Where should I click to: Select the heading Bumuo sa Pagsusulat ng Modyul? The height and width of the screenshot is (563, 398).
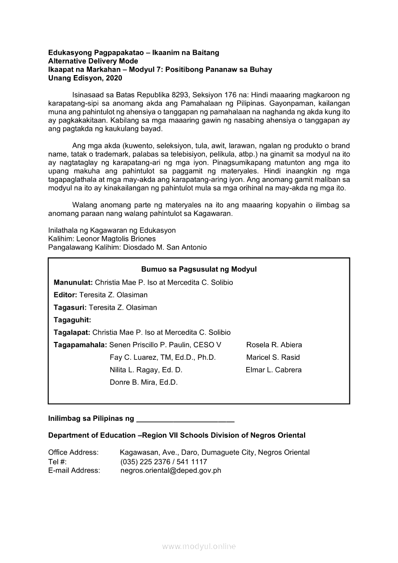[199, 269]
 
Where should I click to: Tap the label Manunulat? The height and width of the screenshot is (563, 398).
[73, 282]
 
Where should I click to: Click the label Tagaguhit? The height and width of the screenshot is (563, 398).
[72, 320]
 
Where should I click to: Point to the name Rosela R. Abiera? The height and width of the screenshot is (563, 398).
[274, 345]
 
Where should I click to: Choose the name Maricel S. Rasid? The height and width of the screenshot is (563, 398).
[273, 357]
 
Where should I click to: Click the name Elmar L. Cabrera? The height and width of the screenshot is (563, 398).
[274, 370]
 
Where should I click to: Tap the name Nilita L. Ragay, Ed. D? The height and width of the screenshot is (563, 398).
[146, 370]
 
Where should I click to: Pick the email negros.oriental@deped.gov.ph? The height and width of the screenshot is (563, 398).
[171, 471]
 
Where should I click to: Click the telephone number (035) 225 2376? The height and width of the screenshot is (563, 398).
[143, 461]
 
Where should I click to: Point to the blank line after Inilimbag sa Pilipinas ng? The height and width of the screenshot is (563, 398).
[186, 419]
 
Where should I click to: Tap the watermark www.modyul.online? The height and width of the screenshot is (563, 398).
[199, 546]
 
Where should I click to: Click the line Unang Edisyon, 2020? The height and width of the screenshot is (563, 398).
[82, 78]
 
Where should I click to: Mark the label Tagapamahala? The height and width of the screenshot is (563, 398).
[80, 345]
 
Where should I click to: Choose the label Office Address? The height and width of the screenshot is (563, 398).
[73, 452]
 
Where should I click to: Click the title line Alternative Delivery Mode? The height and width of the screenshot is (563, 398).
[93, 61]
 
